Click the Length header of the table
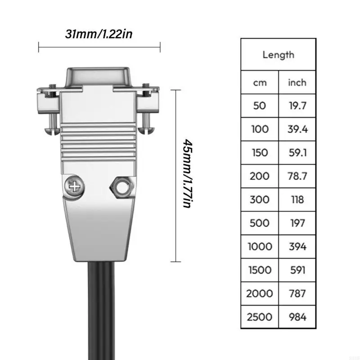click(x=278, y=55)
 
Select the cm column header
click(x=260, y=82)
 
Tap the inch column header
click(x=297, y=82)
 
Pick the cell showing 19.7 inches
click(x=297, y=106)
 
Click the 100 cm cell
click(x=260, y=129)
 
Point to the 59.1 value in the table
click(x=297, y=153)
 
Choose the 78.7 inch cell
click(x=297, y=176)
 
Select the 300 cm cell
click(x=260, y=199)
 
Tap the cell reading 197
click(x=297, y=223)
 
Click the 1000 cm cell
click(x=260, y=247)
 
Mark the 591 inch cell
click(x=297, y=270)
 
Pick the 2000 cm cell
click(x=260, y=293)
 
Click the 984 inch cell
click(x=297, y=317)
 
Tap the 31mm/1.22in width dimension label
click(x=99, y=34)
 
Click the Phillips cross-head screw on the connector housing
click(x=73, y=185)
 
